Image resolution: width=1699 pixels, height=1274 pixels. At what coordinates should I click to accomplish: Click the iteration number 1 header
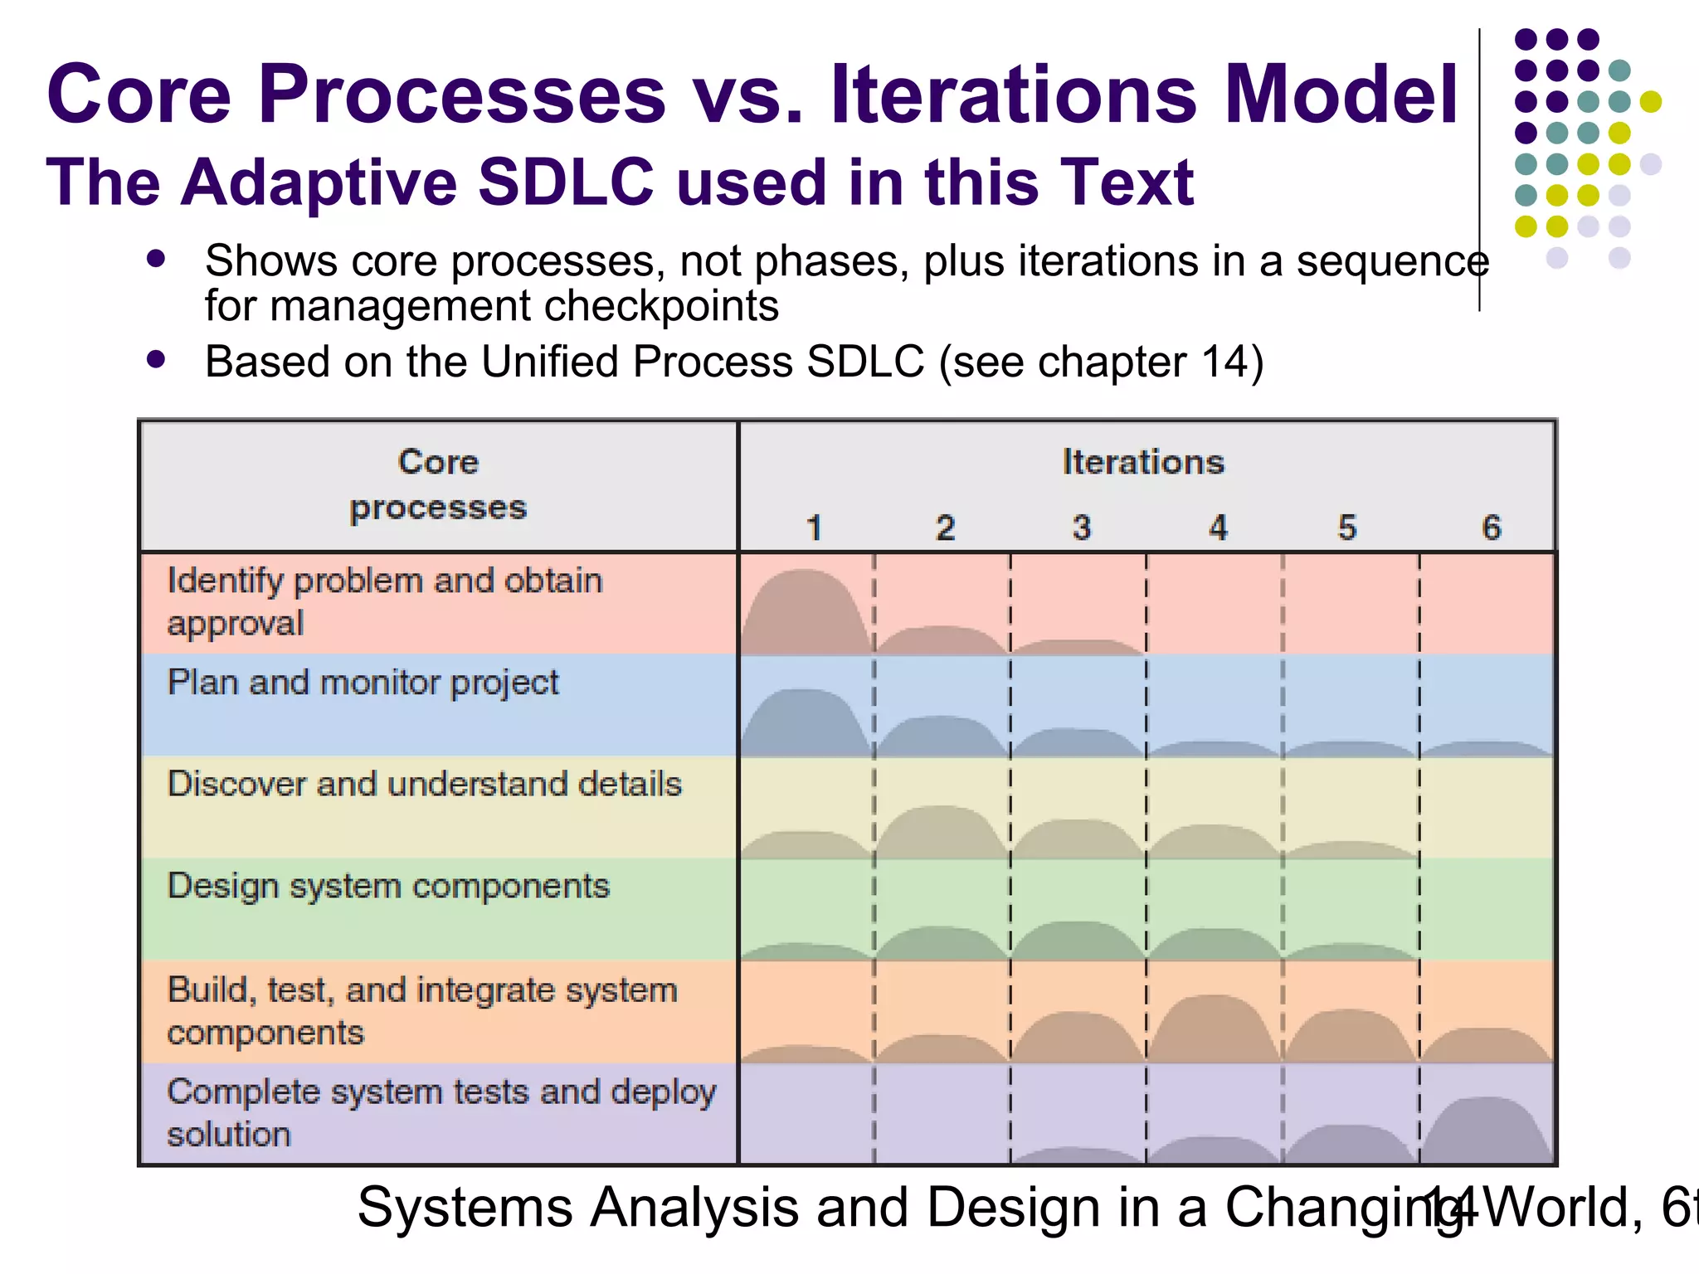coord(814,528)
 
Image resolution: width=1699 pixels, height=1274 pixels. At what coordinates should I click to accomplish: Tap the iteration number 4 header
coord(1217,528)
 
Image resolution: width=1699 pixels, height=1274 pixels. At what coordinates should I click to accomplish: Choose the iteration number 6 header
coord(1491,528)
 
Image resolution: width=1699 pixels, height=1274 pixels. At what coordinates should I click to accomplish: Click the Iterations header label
coord(1142,462)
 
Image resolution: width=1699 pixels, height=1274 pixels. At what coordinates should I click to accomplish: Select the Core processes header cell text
coord(438,485)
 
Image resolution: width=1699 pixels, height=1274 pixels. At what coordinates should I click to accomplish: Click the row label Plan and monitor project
coord(363,683)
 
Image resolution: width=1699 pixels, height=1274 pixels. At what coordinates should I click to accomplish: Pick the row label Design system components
coord(388,887)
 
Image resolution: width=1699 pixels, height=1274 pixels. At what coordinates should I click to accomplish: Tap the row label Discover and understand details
coord(424,785)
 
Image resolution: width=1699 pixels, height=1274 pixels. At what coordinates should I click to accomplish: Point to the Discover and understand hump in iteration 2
coord(941,834)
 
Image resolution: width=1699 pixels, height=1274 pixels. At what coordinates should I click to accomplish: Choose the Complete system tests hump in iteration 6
coord(1487,1132)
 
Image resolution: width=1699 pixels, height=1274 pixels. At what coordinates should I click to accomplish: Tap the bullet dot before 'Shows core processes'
coord(155,260)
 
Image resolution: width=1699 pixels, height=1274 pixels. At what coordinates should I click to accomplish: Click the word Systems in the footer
coord(465,1208)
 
